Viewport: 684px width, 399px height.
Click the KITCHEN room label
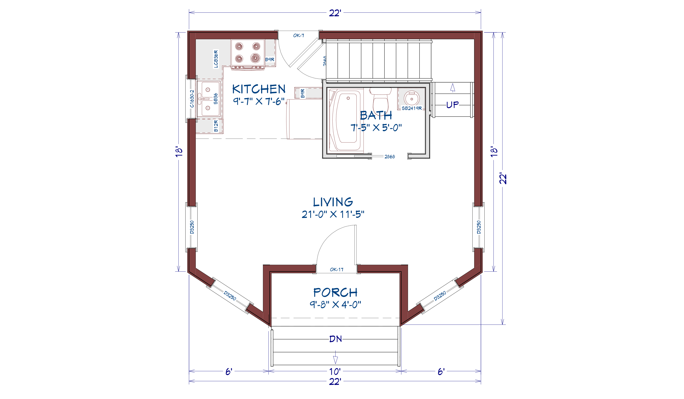259,89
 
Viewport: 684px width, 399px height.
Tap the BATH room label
376,115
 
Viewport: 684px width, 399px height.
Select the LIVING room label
333,202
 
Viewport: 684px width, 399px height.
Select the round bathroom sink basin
411,98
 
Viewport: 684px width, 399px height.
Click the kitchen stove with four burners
247,54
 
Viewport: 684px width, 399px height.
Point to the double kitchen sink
208,99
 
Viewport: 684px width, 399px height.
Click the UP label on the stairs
452,105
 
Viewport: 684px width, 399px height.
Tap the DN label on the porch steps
335,339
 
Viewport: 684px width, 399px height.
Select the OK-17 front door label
337,270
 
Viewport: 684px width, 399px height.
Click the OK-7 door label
299,35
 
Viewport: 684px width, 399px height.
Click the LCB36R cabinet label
216,59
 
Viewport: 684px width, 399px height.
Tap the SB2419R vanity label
412,108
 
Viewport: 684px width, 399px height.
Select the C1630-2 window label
192,99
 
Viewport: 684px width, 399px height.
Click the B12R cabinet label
216,126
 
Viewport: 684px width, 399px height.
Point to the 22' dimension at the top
335,13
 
